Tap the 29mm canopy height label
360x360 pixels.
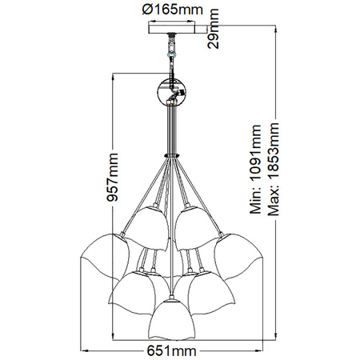click(x=214, y=32)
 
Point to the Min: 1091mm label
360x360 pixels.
click(x=257, y=169)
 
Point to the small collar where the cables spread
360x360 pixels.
click(x=170, y=154)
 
